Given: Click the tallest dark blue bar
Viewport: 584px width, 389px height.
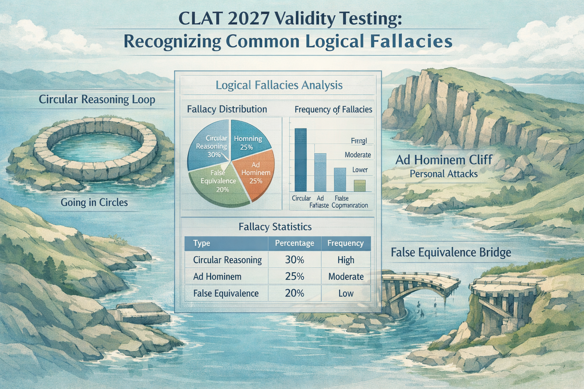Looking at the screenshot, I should click(x=300, y=160).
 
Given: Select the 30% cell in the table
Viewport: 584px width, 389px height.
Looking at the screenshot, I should click(x=295, y=260).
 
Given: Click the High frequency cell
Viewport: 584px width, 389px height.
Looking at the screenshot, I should click(x=346, y=260).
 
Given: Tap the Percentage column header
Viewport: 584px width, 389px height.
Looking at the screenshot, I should click(x=295, y=243).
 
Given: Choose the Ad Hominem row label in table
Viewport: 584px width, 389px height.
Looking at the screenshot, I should click(x=217, y=277).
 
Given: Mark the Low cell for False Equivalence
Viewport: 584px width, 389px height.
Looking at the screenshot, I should click(x=346, y=293).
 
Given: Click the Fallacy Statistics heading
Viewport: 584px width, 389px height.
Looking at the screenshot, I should click(x=275, y=227).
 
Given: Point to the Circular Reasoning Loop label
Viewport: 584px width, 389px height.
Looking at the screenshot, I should click(x=97, y=100).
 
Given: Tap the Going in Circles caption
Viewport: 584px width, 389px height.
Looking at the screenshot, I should click(x=94, y=202).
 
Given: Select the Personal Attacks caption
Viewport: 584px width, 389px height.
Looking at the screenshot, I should click(x=444, y=174).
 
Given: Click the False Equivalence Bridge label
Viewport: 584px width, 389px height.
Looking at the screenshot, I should click(x=451, y=252).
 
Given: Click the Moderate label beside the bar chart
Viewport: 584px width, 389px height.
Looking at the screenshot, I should click(x=358, y=155).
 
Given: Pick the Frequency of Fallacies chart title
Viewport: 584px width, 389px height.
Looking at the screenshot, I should click(x=333, y=110).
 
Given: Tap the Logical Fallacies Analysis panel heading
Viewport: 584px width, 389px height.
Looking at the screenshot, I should click(x=279, y=85).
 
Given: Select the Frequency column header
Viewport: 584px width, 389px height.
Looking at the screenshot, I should click(x=346, y=243).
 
